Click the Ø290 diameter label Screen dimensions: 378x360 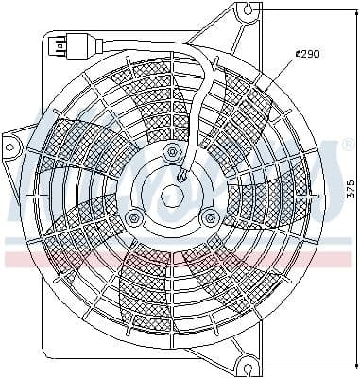pyautogui.click(x=307, y=55)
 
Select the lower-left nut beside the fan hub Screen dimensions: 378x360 pyautogui.click(x=134, y=219)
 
